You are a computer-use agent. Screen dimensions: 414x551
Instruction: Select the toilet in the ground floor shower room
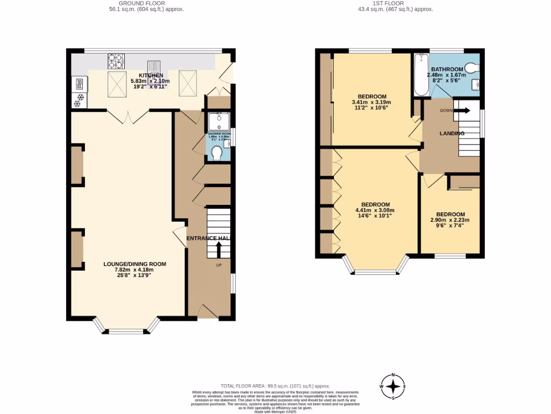point(217,154)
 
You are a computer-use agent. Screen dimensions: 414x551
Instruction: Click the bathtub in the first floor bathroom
point(418,76)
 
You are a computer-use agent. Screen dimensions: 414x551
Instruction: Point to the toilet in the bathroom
point(472,67)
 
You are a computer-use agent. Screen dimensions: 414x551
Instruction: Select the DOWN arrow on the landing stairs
point(462,111)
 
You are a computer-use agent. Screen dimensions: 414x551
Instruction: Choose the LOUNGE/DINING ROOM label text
point(135,264)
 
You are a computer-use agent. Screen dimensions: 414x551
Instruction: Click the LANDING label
point(452,133)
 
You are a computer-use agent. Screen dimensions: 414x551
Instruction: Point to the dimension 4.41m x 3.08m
point(375,210)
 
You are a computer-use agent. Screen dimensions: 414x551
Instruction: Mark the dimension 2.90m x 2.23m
point(450,220)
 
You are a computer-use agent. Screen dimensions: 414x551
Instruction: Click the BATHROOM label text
point(447,69)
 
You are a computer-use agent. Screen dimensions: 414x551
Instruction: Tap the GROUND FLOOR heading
point(135,3)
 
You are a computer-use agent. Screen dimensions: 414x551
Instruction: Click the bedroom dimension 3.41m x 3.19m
point(371,102)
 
